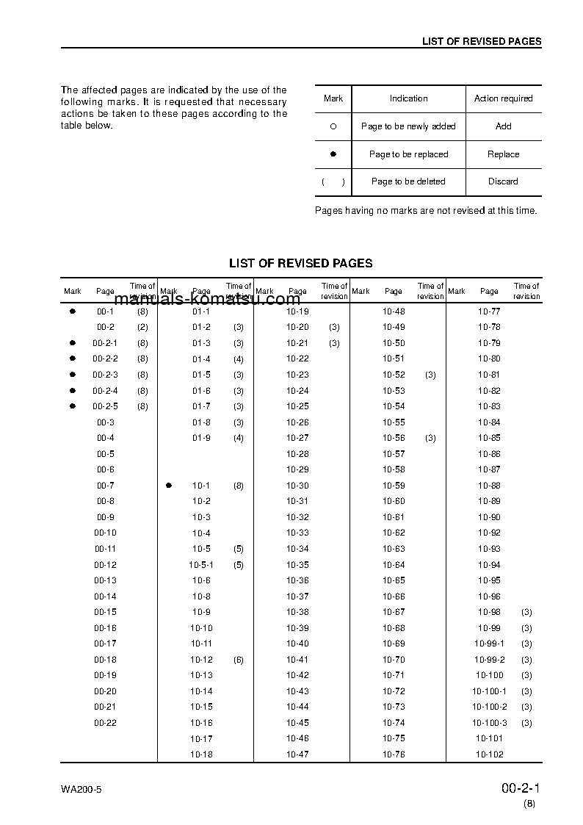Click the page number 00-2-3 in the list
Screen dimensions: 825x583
coord(105,375)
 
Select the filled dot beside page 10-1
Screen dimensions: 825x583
coord(169,486)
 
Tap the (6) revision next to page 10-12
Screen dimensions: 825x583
coord(239,660)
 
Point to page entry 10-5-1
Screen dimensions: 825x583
coord(201,565)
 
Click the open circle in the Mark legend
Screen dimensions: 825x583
coord(333,126)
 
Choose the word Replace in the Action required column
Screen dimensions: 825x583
coord(503,154)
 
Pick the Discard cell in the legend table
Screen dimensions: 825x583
coord(503,181)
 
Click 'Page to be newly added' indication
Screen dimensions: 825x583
coord(408,126)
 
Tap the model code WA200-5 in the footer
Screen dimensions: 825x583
coord(82,790)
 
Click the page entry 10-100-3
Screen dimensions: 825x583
coord(489,723)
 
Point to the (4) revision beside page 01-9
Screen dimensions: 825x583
coord(239,438)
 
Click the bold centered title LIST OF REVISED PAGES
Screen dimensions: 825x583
coord(300,263)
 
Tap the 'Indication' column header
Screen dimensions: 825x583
coord(408,98)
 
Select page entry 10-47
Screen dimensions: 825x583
coord(297,754)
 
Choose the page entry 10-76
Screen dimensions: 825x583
coord(394,754)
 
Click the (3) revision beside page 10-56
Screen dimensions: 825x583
coord(430,438)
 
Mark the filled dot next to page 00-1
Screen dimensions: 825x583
coord(73,311)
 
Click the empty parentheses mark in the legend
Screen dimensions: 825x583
coord(333,181)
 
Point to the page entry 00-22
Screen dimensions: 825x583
coord(105,723)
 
